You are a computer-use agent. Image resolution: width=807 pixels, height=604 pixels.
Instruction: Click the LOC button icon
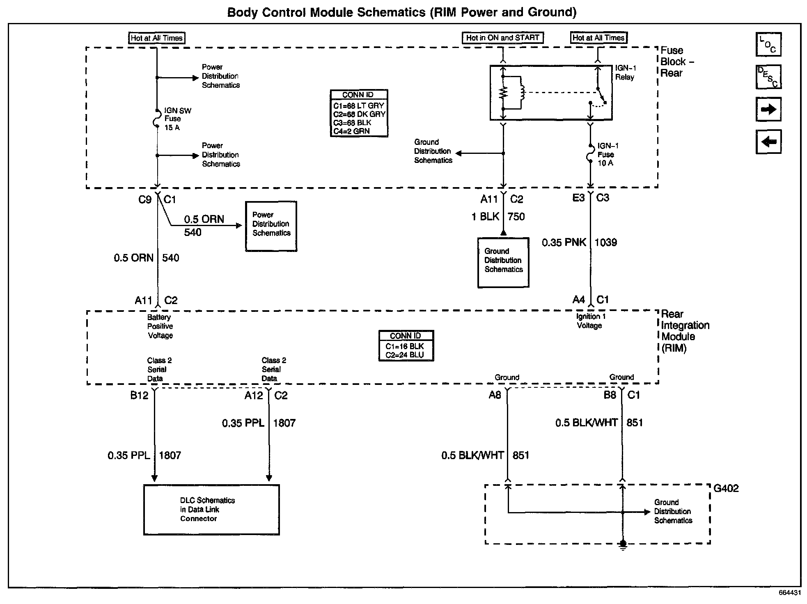(768, 44)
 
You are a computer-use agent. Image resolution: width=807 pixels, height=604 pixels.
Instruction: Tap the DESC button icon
(768, 77)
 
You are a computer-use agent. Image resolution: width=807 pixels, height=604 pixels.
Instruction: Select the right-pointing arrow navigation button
(768, 109)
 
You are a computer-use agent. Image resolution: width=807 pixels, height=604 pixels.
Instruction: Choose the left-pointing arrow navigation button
(768, 142)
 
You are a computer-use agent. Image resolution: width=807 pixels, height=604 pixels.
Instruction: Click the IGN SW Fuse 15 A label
(177, 119)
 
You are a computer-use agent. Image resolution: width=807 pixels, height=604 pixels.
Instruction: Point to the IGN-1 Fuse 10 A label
(608, 154)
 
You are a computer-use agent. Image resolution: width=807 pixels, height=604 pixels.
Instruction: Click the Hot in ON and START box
(502, 38)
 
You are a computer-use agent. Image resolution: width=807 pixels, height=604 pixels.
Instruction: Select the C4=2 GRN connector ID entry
(351, 131)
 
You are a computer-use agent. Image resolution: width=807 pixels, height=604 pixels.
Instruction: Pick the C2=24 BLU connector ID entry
(405, 355)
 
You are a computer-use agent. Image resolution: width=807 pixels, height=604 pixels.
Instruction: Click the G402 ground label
(726, 488)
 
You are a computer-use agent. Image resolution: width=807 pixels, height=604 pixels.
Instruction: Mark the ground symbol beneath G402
(622, 545)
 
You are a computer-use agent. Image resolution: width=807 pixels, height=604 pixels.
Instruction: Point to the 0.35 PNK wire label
(564, 243)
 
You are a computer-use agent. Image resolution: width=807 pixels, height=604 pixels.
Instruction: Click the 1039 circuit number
(605, 243)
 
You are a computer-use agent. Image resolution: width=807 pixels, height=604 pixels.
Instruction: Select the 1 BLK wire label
(485, 217)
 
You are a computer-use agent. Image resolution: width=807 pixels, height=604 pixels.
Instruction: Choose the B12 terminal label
(139, 396)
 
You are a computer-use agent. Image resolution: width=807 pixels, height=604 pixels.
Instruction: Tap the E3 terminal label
(578, 198)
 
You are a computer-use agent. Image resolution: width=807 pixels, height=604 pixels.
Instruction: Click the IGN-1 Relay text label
(625, 73)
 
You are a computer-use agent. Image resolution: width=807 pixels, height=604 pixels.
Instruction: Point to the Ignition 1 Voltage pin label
(589, 321)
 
